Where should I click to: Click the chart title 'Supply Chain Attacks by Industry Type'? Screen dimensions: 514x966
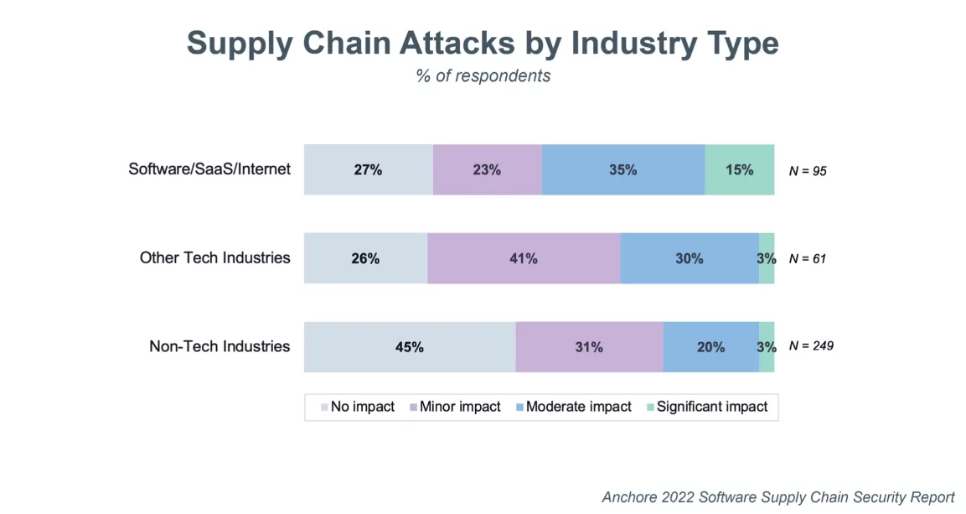[x=483, y=43]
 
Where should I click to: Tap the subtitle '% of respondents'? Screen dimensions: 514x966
[x=483, y=75]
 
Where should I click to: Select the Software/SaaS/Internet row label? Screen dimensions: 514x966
[x=209, y=169]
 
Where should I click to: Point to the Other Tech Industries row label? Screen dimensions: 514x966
[x=214, y=257]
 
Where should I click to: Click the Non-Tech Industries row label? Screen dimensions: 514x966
[x=220, y=345]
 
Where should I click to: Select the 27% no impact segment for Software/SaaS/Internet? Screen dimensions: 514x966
[x=368, y=169]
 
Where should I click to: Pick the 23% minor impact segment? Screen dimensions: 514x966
[x=487, y=169]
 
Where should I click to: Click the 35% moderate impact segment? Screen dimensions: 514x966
[x=622, y=169]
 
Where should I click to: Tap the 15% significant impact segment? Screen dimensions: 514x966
[x=739, y=169]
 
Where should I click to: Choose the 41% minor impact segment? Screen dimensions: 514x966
[x=524, y=258]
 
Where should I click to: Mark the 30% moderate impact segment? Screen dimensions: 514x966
[x=689, y=258]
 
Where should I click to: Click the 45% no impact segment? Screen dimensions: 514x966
[x=409, y=347]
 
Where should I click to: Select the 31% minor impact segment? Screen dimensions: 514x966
[x=589, y=347]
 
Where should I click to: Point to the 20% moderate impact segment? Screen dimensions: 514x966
[x=710, y=347]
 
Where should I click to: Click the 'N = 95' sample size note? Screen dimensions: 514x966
[x=808, y=170]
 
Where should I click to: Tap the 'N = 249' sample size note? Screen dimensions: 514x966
[x=811, y=345]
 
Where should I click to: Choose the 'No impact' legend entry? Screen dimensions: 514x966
[x=358, y=407]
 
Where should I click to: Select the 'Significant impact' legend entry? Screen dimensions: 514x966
[x=707, y=407]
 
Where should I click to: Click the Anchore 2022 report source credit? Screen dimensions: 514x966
[x=777, y=496]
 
